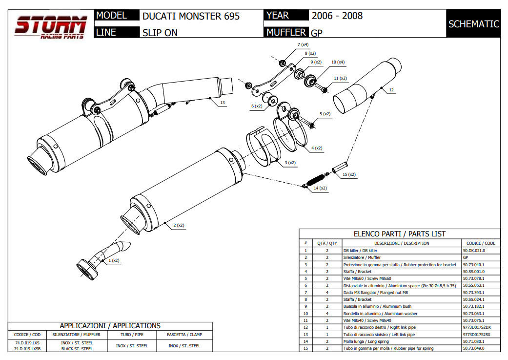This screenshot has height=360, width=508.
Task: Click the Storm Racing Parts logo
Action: pos(50,26)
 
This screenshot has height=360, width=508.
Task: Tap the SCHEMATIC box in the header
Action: pos(473,24)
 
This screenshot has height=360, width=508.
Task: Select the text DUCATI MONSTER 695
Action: pos(191,16)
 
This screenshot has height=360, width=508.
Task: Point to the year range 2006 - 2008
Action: pos(337,16)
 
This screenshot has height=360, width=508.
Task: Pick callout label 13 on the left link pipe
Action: pos(222,103)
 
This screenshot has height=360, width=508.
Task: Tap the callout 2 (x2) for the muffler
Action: pos(178,225)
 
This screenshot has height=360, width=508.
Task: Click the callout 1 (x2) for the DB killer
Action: pos(113,260)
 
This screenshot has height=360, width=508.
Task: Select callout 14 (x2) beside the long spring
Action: pos(320,188)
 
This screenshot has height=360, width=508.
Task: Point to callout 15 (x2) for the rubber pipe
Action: pos(349,174)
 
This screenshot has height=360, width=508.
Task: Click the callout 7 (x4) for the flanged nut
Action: pos(303,44)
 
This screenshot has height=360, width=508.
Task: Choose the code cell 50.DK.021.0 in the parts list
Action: pos(474,250)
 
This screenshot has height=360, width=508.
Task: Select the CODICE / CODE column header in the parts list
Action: pos(481,243)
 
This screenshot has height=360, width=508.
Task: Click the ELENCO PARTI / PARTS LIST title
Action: pos(399,234)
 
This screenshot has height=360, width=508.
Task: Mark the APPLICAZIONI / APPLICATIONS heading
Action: pos(110,326)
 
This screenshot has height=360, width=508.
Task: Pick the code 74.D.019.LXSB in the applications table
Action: pos(28,349)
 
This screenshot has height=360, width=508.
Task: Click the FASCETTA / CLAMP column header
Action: pos(184,335)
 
